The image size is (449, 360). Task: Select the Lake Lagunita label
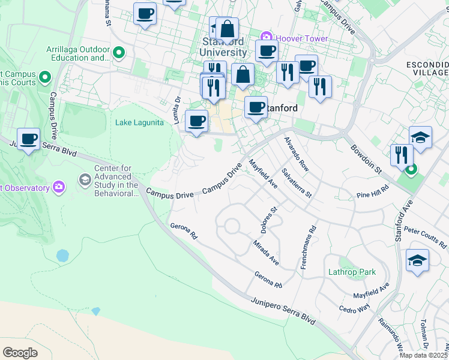[x=139, y=123]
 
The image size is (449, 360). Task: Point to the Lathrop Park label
[x=352, y=272]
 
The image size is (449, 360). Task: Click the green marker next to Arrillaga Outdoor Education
[x=118, y=53]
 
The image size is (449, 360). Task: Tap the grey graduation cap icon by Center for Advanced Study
[x=85, y=179]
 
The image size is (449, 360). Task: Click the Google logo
[x=20, y=352]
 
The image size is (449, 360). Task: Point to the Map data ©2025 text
[x=423, y=355]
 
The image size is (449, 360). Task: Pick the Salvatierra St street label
[x=298, y=184]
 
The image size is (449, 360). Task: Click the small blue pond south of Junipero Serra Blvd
[x=62, y=256]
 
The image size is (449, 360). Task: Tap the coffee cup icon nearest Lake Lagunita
[x=196, y=122]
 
